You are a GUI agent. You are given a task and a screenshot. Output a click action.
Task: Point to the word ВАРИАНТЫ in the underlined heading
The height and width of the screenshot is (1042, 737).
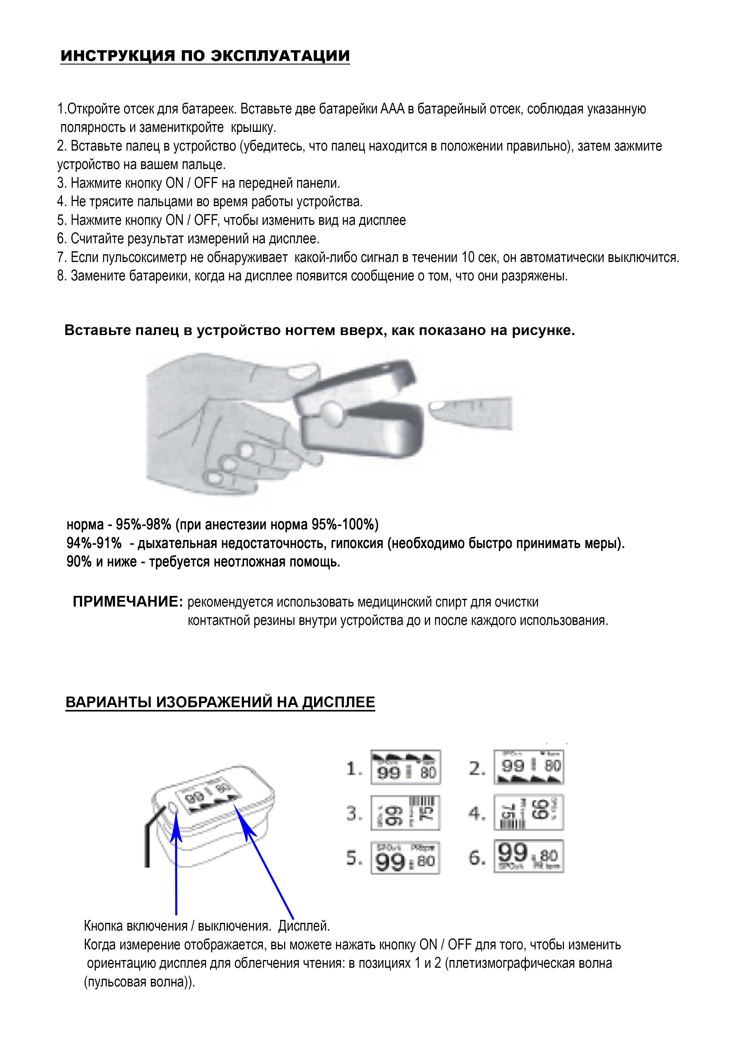point(109,702)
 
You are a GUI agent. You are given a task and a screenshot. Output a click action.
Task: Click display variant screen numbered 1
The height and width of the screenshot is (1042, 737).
point(406,767)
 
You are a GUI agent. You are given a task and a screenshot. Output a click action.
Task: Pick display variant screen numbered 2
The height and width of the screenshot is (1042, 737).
point(529,767)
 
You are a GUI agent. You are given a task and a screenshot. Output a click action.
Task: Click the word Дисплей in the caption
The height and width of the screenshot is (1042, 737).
point(304,926)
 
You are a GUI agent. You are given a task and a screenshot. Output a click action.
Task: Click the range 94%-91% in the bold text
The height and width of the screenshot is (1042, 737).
point(94,543)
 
